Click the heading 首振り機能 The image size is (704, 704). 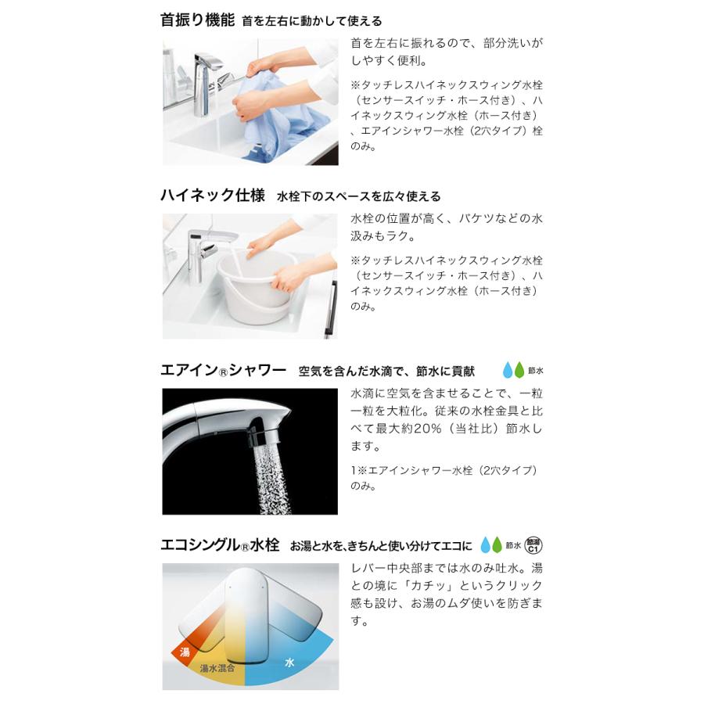[x=197, y=21]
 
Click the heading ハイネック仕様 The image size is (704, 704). [x=213, y=196]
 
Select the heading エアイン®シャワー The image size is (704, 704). [x=224, y=371]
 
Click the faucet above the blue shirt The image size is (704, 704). [x=211, y=74]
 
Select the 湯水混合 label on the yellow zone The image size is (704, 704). [x=216, y=669]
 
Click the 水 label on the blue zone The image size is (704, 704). [x=289, y=663]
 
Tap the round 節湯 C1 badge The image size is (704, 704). [x=533, y=545]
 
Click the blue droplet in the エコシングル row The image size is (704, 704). [x=487, y=545]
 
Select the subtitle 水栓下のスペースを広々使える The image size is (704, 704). [x=359, y=196]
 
